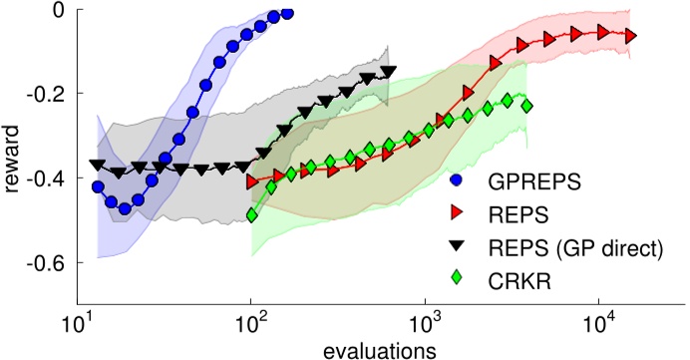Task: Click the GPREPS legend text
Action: pyautogui.click(x=527, y=183)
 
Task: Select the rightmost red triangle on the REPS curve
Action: pyautogui.click(x=630, y=37)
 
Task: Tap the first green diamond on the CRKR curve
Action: pyautogui.click(x=251, y=214)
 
